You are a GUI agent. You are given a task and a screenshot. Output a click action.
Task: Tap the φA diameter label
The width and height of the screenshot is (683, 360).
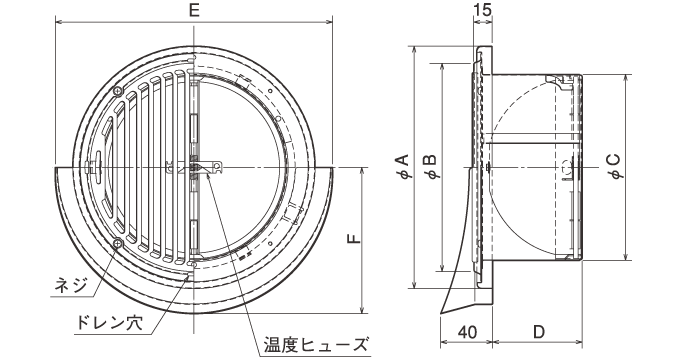point(400,167)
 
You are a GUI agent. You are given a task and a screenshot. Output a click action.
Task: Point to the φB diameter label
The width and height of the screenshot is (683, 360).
point(429,167)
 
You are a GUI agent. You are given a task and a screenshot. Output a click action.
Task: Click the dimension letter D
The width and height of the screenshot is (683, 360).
point(538,331)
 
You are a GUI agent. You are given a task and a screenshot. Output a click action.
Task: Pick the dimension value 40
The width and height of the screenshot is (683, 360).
point(465,331)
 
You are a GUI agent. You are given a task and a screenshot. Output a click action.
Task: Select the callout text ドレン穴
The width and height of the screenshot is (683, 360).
point(105,323)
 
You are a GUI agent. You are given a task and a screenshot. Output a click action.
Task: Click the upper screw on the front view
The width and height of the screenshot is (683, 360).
point(119,93)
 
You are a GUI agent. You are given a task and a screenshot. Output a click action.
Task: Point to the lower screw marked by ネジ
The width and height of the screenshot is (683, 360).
point(119,243)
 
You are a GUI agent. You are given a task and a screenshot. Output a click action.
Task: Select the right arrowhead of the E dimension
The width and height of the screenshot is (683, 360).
point(334,22)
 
